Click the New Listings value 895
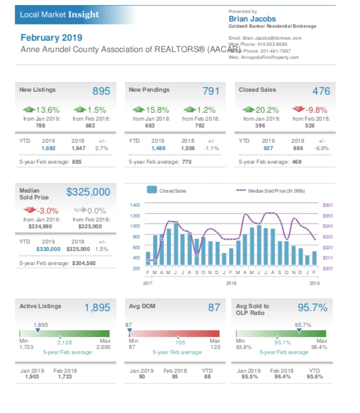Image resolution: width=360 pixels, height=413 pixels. (101, 91)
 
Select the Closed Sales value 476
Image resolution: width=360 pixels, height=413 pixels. (320, 91)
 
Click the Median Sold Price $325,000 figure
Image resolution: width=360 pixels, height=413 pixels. (88, 192)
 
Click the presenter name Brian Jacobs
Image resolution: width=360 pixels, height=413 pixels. (252, 19)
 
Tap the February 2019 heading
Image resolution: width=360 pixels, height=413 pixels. (51, 38)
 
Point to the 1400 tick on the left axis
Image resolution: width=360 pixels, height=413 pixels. (134, 205)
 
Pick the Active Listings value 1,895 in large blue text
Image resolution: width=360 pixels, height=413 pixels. (97, 308)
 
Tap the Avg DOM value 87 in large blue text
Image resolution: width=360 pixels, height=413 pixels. (214, 308)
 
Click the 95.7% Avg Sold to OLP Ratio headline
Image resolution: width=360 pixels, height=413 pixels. (312, 308)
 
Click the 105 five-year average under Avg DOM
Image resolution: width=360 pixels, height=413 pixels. (180, 343)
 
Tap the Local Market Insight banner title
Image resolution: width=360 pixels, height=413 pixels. (59, 14)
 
